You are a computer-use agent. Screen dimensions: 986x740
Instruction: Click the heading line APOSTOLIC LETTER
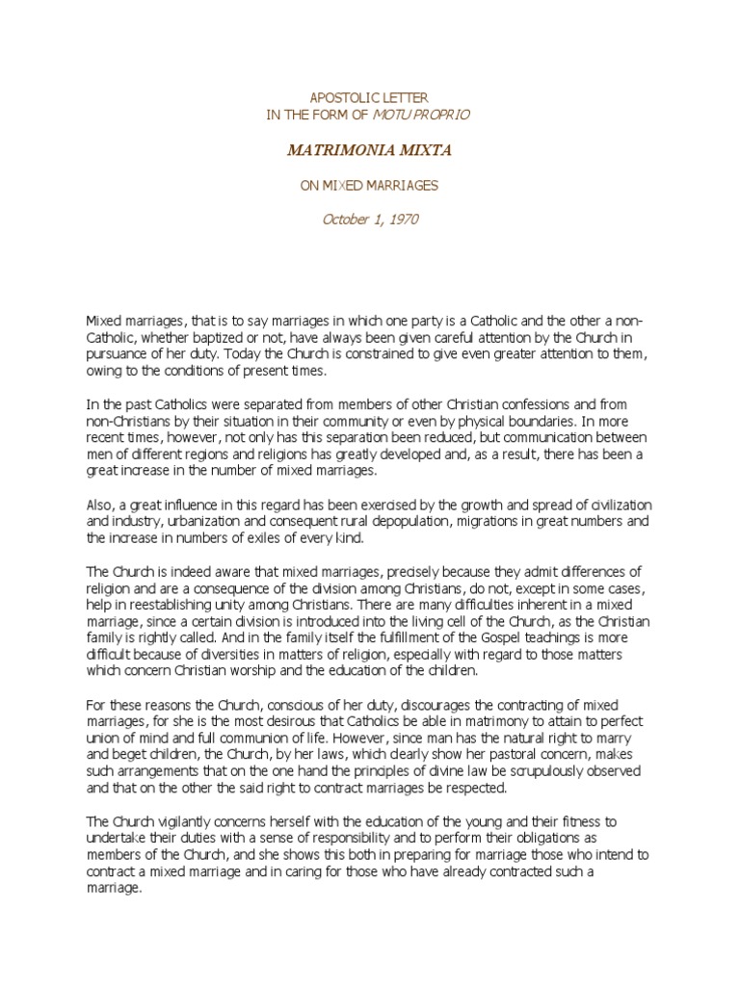(369, 97)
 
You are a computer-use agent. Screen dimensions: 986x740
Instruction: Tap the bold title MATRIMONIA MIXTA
(369, 151)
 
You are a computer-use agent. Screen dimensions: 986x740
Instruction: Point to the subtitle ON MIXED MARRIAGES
(369, 186)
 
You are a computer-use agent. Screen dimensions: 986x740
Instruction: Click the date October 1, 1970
(369, 221)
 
